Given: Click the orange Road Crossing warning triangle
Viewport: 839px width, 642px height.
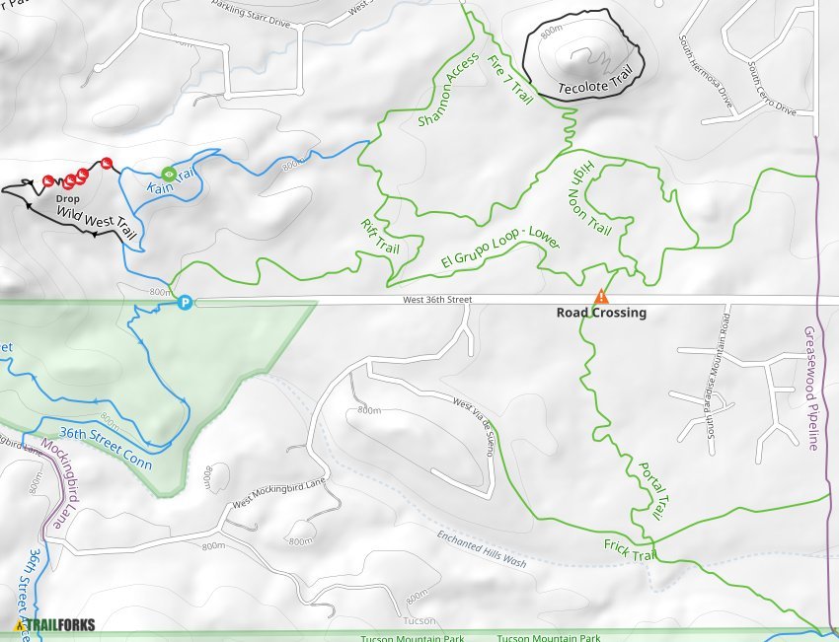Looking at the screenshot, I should coord(599,296).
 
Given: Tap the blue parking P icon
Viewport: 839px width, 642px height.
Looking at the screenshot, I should coord(185,303).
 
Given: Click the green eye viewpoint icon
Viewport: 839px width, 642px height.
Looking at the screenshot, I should coord(169,174).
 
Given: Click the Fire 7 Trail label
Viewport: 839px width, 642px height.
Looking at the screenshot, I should coord(510,80).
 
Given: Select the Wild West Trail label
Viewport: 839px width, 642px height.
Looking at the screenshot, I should coord(96,220).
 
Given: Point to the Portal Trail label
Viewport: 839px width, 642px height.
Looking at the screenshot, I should coord(649,491).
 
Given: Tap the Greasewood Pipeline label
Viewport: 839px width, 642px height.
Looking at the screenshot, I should coord(811,389).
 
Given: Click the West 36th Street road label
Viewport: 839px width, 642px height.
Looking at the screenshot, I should coord(437,299).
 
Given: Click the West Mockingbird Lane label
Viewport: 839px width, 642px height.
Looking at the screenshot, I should coord(278,492).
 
